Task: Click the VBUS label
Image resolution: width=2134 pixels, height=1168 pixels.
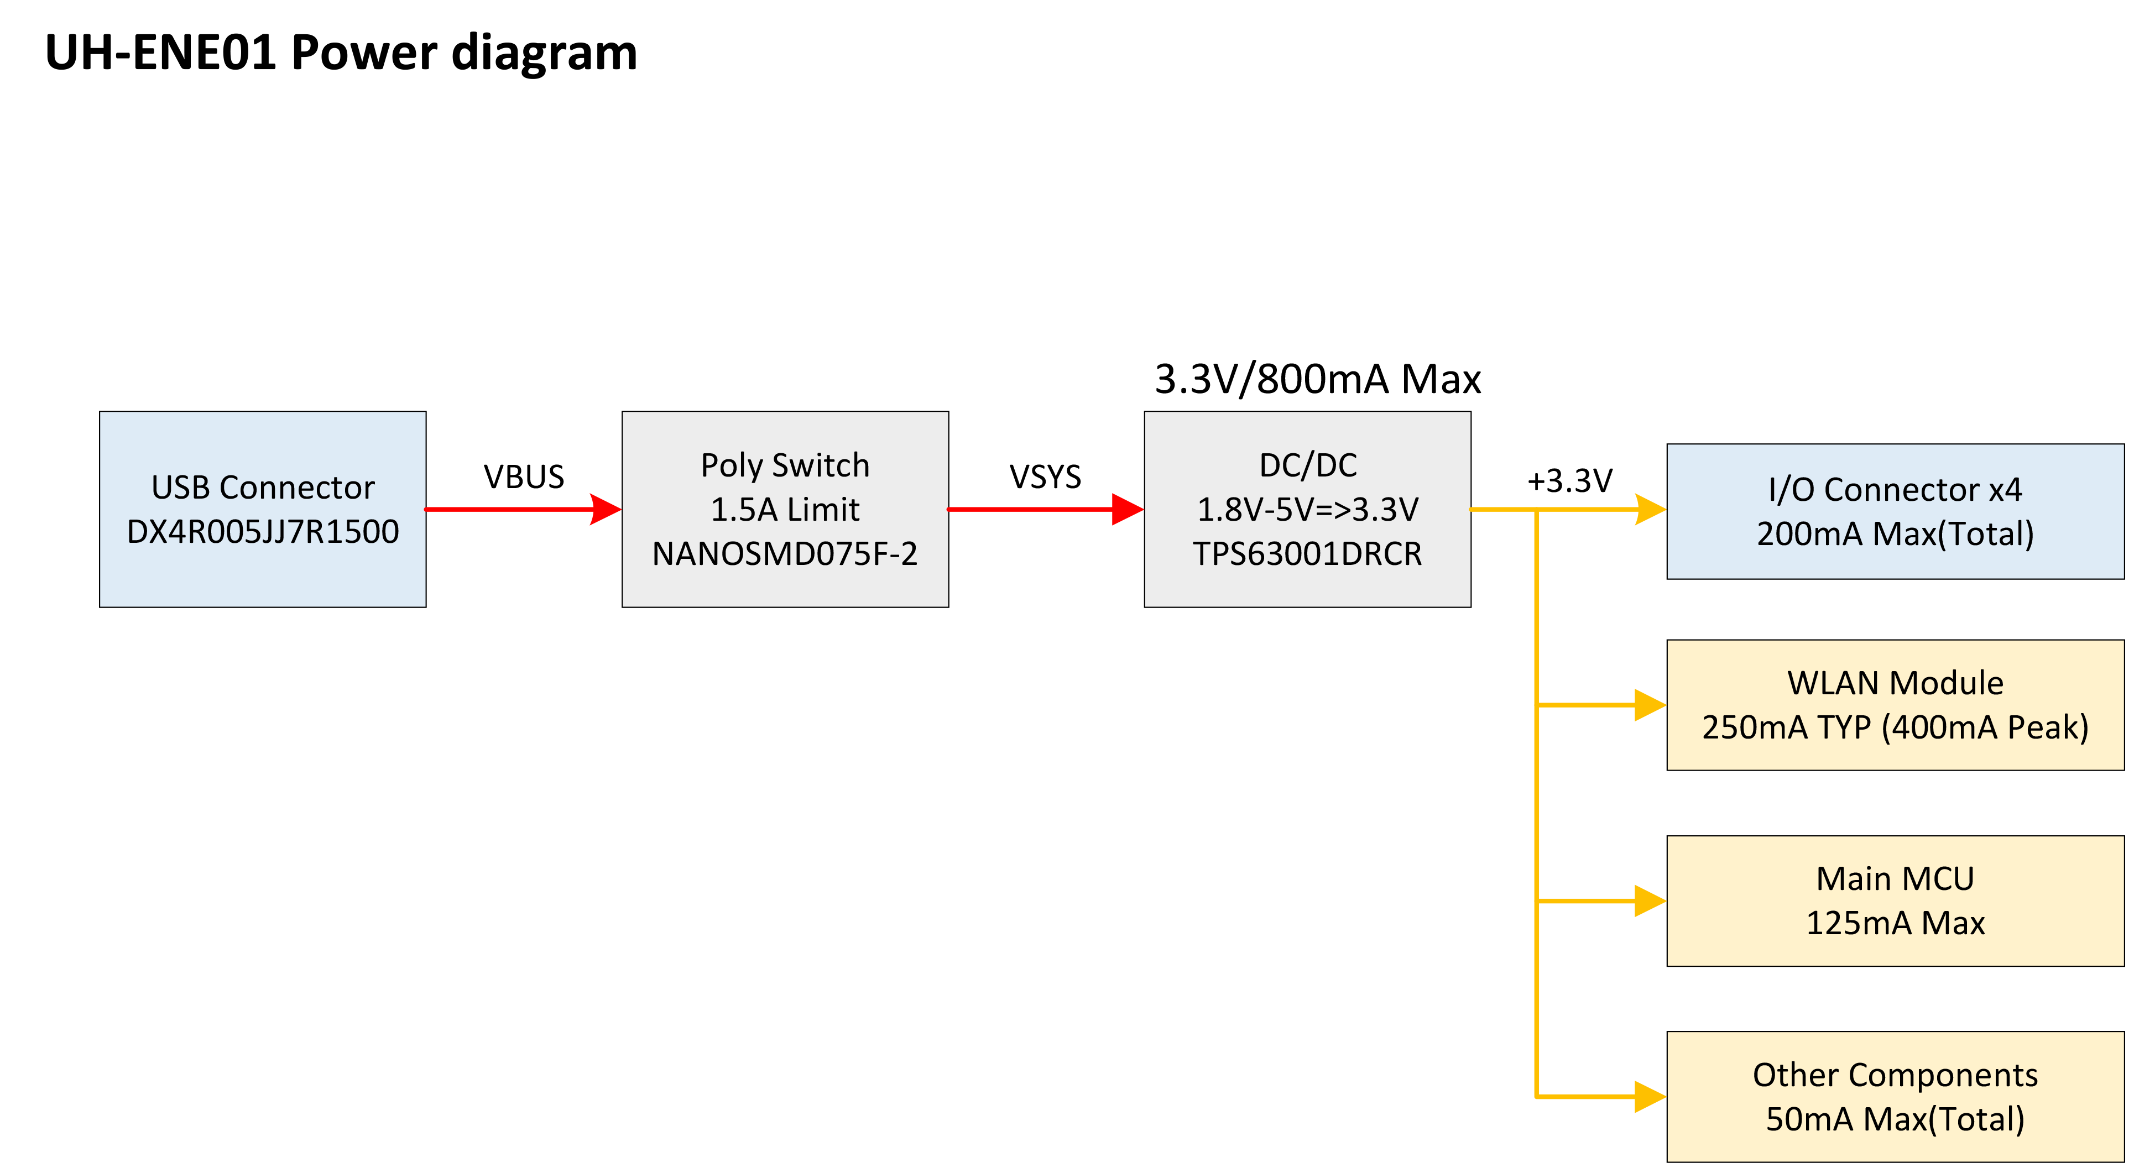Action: (x=524, y=476)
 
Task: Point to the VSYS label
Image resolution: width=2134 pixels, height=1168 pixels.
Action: (x=1045, y=476)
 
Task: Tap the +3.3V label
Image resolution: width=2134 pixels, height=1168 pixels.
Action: (x=1570, y=480)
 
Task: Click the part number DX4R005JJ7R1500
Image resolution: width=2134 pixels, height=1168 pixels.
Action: (x=263, y=532)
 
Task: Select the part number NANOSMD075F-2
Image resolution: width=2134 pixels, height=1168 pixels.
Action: (x=785, y=553)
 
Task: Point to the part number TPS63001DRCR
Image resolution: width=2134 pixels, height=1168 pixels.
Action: (x=1307, y=553)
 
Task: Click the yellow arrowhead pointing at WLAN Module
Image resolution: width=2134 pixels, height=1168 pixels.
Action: (x=1650, y=705)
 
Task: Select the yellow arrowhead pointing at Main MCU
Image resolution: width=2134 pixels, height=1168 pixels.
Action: (x=1650, y=900)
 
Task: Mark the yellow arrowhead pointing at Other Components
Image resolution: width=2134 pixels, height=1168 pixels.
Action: (x=1650, y=1097)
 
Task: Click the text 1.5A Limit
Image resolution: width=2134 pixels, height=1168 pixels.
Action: (x=785, y=510)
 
